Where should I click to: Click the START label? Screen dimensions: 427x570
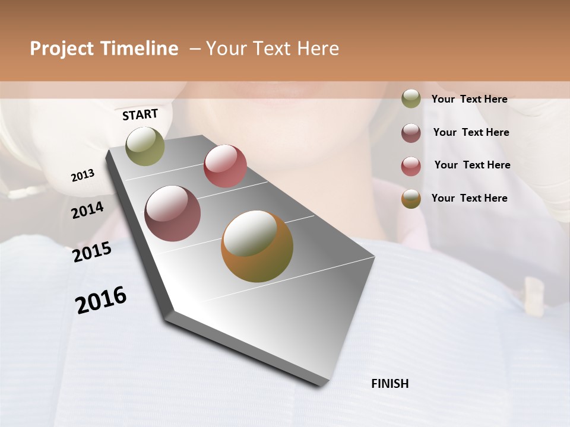pos(140,114)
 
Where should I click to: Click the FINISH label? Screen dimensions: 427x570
pos(389,384)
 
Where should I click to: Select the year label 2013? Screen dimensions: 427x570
pos(83,175)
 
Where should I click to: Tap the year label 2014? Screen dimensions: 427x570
pos(87,210)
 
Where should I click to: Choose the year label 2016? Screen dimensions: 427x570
pos(101,300)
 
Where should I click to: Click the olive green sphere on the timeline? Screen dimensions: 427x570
pos(145,146)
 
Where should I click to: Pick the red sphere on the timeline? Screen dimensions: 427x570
pos(225,166)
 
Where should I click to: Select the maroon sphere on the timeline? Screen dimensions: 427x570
pos(173,213)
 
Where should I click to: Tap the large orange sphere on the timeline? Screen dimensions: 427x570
pos(257,246)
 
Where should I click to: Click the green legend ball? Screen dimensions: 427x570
pos(411,98)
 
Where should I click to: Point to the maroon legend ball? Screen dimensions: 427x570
pos(411,133)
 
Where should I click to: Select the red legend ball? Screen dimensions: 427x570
pos(411,166)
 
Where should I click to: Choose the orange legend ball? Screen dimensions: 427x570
pos(411,199)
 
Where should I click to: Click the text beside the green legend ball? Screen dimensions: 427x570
pos(469,99)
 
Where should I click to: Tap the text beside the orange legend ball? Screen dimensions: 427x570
pos(469,198)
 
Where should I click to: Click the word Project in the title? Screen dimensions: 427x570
pos(62,49)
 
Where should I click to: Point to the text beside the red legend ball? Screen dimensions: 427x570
pos(472,165)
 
